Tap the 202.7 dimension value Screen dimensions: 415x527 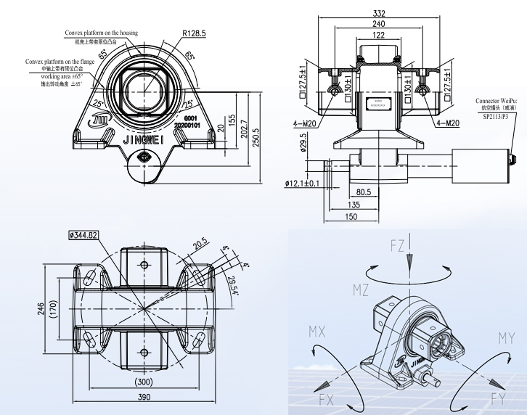tap(244, 131)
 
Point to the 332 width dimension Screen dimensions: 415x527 tap(379, 14)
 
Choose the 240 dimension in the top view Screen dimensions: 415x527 tap(379, 24)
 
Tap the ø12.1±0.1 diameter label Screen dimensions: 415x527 tap(302, 182)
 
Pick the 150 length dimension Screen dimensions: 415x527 tap(351, 216)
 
